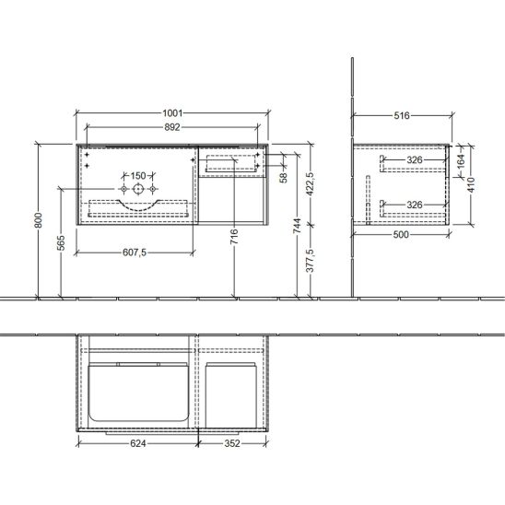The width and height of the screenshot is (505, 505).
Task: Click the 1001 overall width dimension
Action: click(x=172, y=113)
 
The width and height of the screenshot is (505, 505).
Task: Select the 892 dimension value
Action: click(x=172, y=127)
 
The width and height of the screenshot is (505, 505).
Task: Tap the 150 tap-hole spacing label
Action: click(x=138, y=176)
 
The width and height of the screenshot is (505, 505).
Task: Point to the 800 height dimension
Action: click(x=39, y=220)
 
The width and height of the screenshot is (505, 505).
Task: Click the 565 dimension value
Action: click(x=61, y=243)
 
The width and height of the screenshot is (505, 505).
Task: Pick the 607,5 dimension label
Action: click(x=135, y=252)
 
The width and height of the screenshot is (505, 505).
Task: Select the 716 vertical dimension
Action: click(x=234, y=236)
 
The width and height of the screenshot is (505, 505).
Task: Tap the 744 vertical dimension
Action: click(x=298, y=226)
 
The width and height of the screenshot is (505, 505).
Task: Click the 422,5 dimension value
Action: click(x=310, y=184)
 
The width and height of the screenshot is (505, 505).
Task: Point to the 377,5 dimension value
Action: click(x=310, y=261)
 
